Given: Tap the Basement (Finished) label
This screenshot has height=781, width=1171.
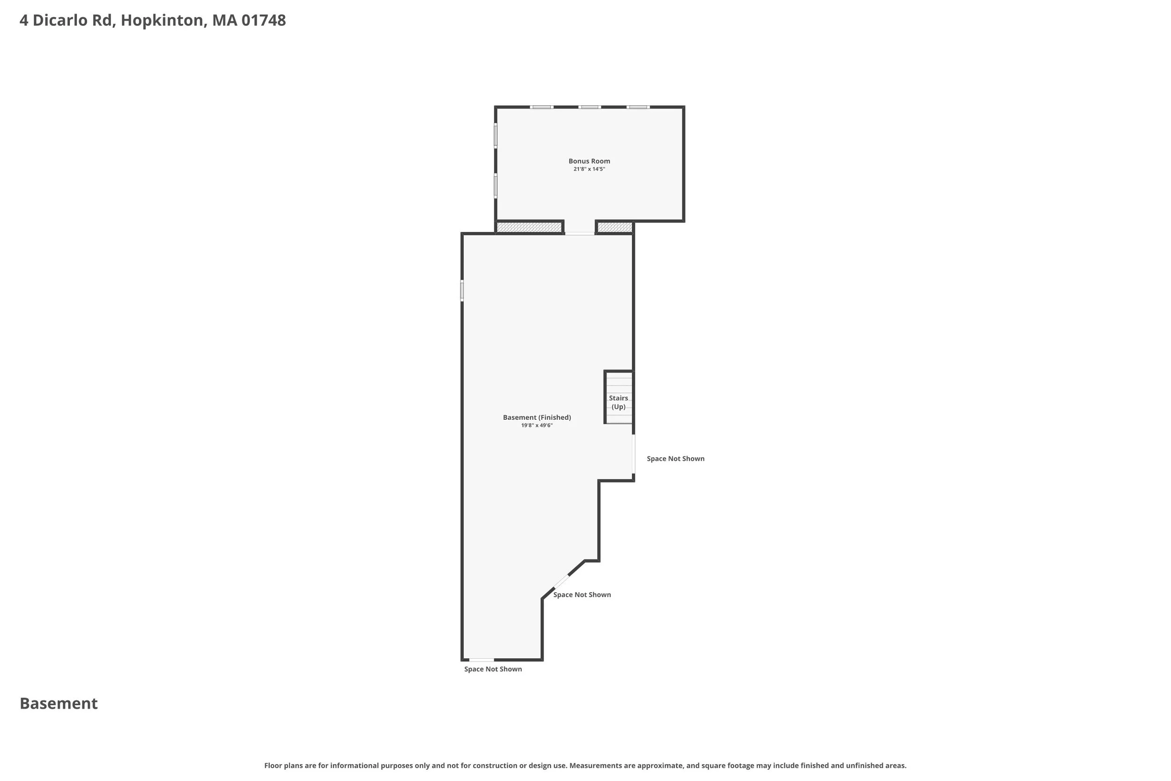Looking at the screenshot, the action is (x=537, y=417).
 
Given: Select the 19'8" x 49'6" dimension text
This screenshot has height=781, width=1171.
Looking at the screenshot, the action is (x=537, y=426).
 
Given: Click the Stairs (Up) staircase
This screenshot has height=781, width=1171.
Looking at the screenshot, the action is (x=619, y=397).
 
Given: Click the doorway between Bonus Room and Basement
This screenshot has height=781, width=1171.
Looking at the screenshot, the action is (x=579, y=233).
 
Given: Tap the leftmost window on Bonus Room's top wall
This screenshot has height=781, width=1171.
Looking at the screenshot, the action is (x=541, y=107).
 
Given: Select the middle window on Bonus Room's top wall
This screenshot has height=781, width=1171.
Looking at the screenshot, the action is (x=590, y=107).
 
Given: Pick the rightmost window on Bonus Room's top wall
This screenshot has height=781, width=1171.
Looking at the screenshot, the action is (x=638, y=107).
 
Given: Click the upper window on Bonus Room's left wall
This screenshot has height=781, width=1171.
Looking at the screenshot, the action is (x=496, y=135).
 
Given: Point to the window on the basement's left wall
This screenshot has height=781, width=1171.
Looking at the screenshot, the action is (x=462, y=290).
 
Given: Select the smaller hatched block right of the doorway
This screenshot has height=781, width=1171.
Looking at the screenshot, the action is (x=615, y=228).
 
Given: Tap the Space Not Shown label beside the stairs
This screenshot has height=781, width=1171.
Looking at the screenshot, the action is (x=675, y=459).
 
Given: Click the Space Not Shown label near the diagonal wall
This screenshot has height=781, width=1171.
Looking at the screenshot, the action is (x=582, y=595).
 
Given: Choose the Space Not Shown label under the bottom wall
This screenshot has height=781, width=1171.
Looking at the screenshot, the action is (x=493, y=669).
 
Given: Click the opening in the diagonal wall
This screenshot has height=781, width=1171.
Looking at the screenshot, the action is (x=561, y=582).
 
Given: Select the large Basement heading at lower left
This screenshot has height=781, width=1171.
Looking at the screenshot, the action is (x=59, y=703).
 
